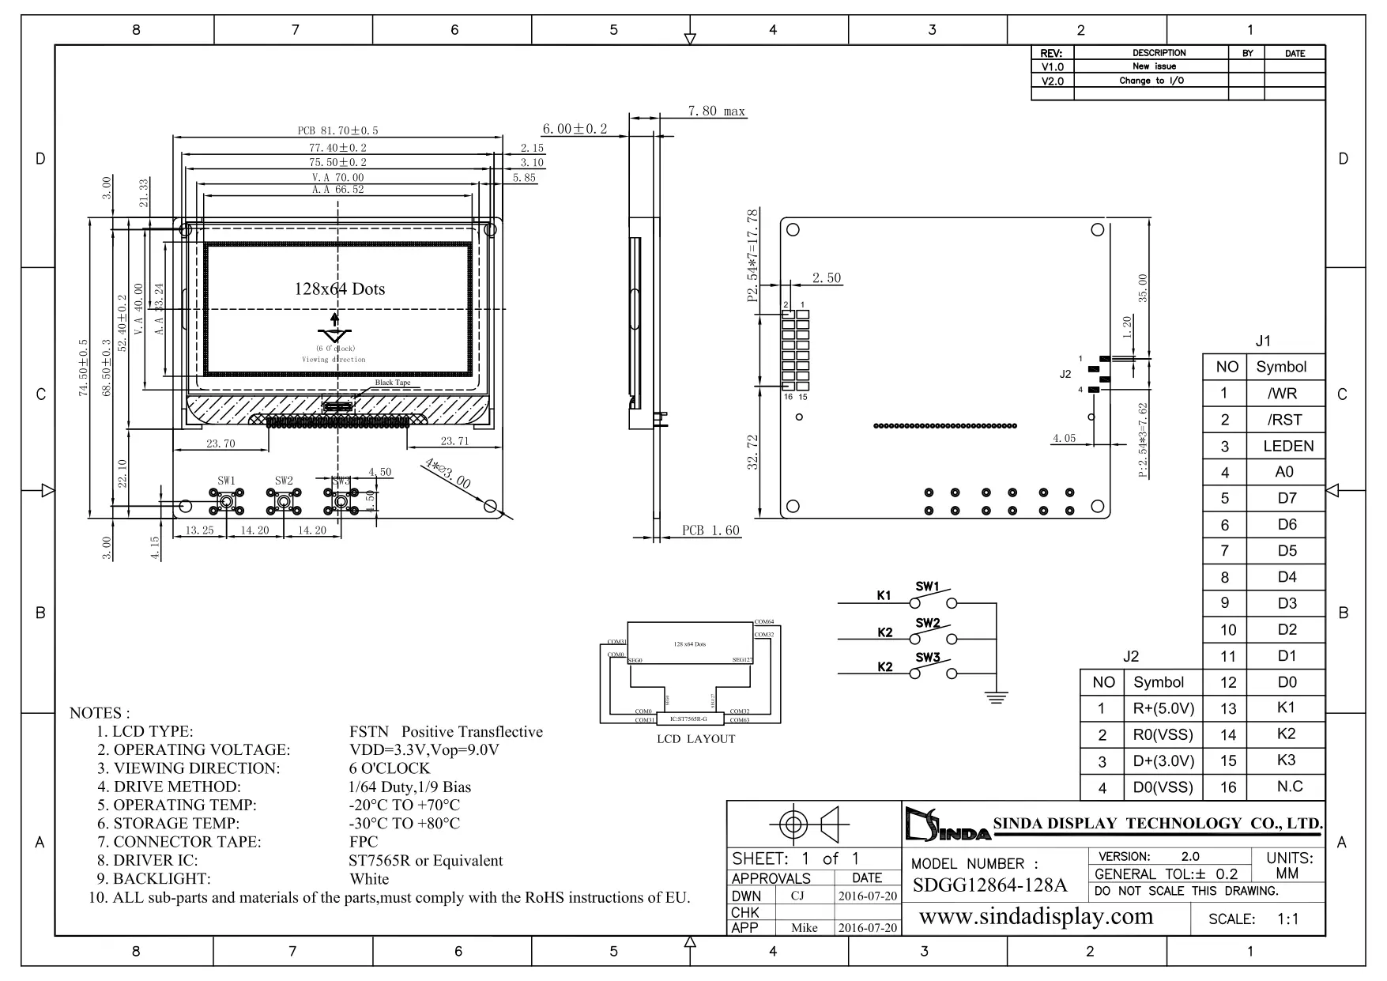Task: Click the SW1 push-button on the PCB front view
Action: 227,501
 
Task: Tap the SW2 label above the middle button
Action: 284,481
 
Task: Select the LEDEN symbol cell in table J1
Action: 1287,446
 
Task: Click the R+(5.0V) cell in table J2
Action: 1163,708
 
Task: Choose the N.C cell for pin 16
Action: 1289,787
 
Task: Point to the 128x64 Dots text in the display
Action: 340,289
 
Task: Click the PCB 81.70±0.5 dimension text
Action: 337,130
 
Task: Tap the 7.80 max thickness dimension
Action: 716,111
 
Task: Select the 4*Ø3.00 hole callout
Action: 447,473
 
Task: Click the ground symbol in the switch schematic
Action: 997,696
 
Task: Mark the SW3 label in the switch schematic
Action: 928,658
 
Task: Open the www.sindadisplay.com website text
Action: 1036,917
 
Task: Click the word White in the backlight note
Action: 369,879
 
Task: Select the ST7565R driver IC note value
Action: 425,861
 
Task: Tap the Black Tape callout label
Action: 393,383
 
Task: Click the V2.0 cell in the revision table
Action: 1052,81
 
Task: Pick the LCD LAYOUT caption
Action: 695,739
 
